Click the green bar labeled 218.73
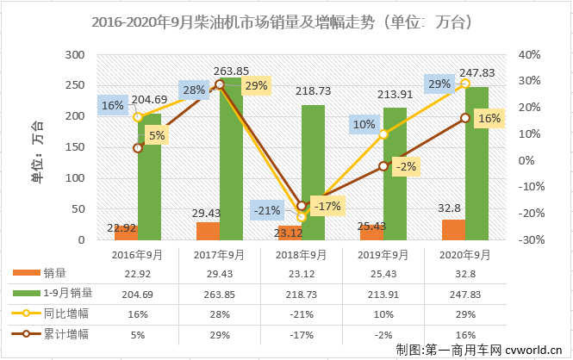pyautogui.click(x=313, y=172)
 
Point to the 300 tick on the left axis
pyautogui.click(x=76, y=54)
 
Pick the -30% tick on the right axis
pyautogui.click(x=530, y=239)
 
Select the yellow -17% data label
pyautogui.click(x=326, y=206)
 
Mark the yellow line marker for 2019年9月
pyautogui.click(x=383, y=135)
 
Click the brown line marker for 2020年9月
pyautogui.click(x=465, y=117)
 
